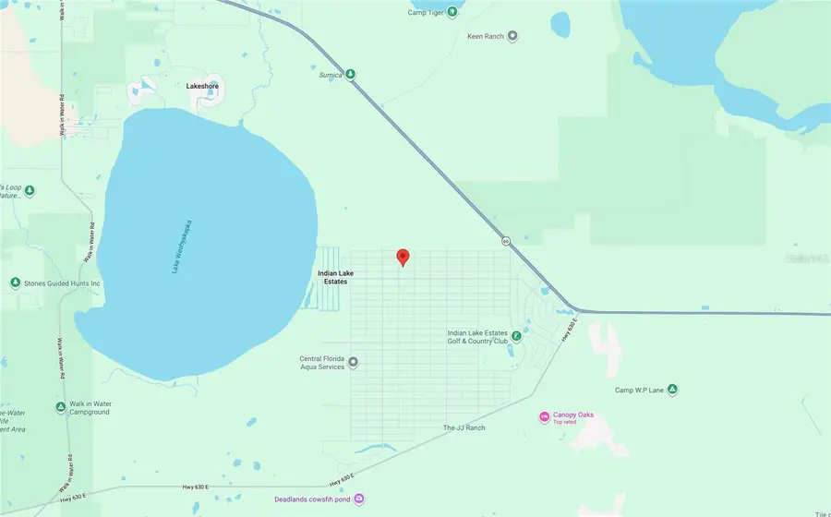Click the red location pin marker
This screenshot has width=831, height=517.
pyautogui.click(x=403, y=258)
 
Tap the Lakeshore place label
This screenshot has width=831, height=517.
pyautogui.click(x=202, y=86)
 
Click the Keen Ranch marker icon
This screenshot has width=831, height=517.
pyautogui.click(x=513, y=36)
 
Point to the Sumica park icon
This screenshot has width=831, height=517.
pyautogui.click(x=351, y=75)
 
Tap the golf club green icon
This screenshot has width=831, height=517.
pyautogui.click(x=516, y=336)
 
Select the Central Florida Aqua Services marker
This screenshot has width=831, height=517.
pyautogui.click(x=353, y=362)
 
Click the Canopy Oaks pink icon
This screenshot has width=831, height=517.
pyautogui.click(x=544, y=417)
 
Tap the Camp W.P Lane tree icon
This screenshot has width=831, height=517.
pyautogui.click(x=673, y=390)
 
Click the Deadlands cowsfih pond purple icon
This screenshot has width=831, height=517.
pyautogui.click(x=359, y=499)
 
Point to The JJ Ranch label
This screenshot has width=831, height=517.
pyautogui.click(x=464, y=428)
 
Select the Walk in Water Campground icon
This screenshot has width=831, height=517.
pyautogui.click(x=60, y=406)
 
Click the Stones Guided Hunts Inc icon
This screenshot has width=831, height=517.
pyautogui.click(x=15, y=283)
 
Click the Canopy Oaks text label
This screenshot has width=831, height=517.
pyautogui.click(x=572, y=415)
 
